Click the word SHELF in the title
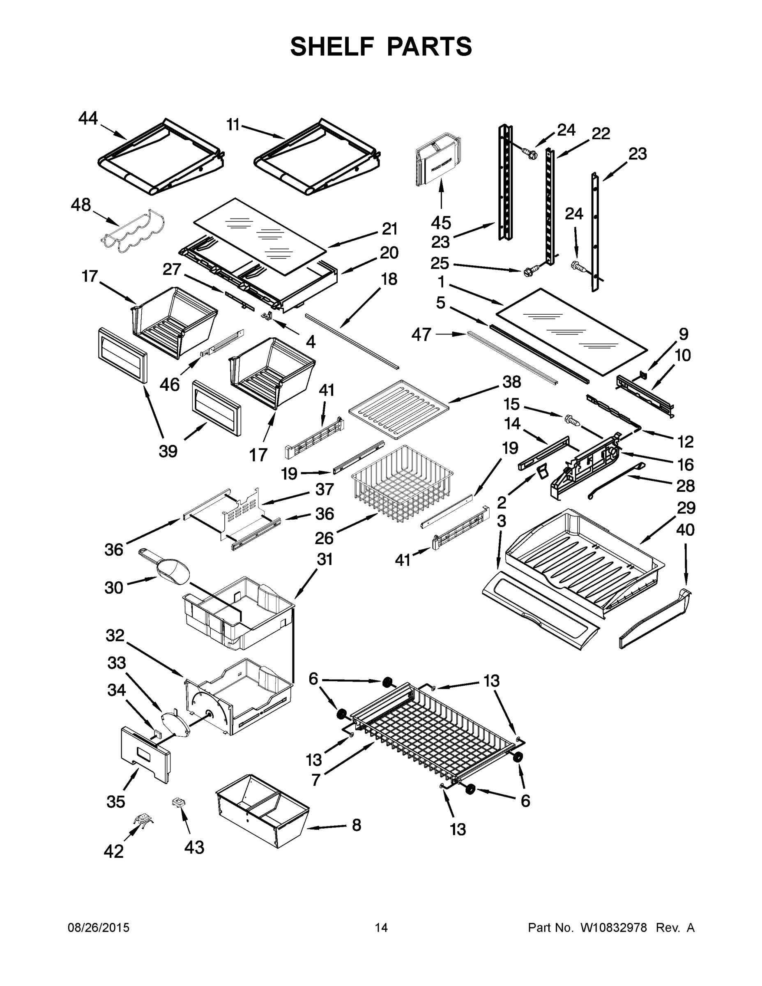(332, 46)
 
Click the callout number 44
(87, 118)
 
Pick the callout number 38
(511, 382)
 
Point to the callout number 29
(685, 508)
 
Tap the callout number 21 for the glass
(389, 229)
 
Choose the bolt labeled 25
(528, 272)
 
